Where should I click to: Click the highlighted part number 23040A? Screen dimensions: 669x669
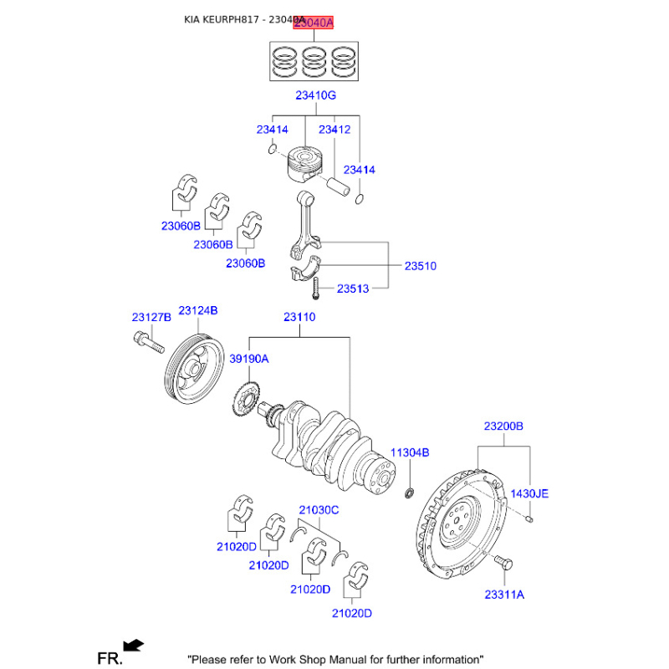(x=312, y=24)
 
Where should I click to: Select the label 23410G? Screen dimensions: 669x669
(x=315, y=96)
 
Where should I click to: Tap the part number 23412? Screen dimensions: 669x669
(x=334, y=130)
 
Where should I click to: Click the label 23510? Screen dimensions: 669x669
(x=421, y=266)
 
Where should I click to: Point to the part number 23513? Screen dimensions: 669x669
(x=353, y=289)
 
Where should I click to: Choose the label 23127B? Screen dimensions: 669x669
(x=151, y=317)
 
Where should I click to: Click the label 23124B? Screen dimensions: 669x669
(x=198, y=310)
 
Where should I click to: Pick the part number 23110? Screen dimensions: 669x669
(x=299, y=317)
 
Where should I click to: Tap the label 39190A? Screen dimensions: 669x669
(x=249, y=358)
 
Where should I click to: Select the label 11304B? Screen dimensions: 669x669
(x=412, y=452)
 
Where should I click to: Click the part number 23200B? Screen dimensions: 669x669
(x=503, y=426)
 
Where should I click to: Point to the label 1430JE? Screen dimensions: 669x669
(x=529, y=494)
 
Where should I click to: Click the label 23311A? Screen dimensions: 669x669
(x=503, y=595)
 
